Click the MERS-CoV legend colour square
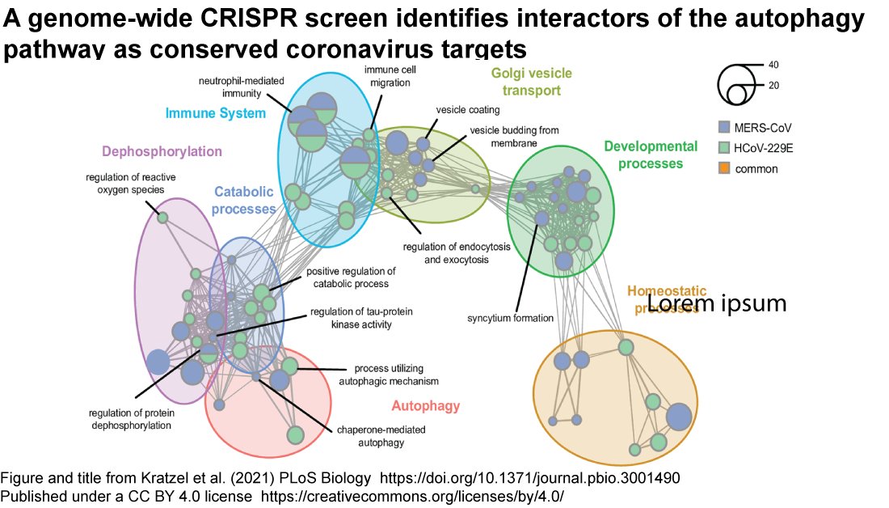click(724, 127)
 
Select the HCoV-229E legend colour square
click(724, 148)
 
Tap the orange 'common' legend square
click(724, 169)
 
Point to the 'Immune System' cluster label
click(215, 113)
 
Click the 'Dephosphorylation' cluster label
click(162, 151)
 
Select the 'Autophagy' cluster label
click(425, 405)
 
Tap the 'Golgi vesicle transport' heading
click(531, 82)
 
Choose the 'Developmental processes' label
click(650, 155)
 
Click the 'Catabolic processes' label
click(245, 200)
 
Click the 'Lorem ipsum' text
click(717, 303)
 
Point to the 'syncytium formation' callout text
click(510, 318)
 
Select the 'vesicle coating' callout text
click(467, 109)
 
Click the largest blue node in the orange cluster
click(679, 416)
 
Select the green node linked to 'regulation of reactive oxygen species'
click(162, 217)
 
